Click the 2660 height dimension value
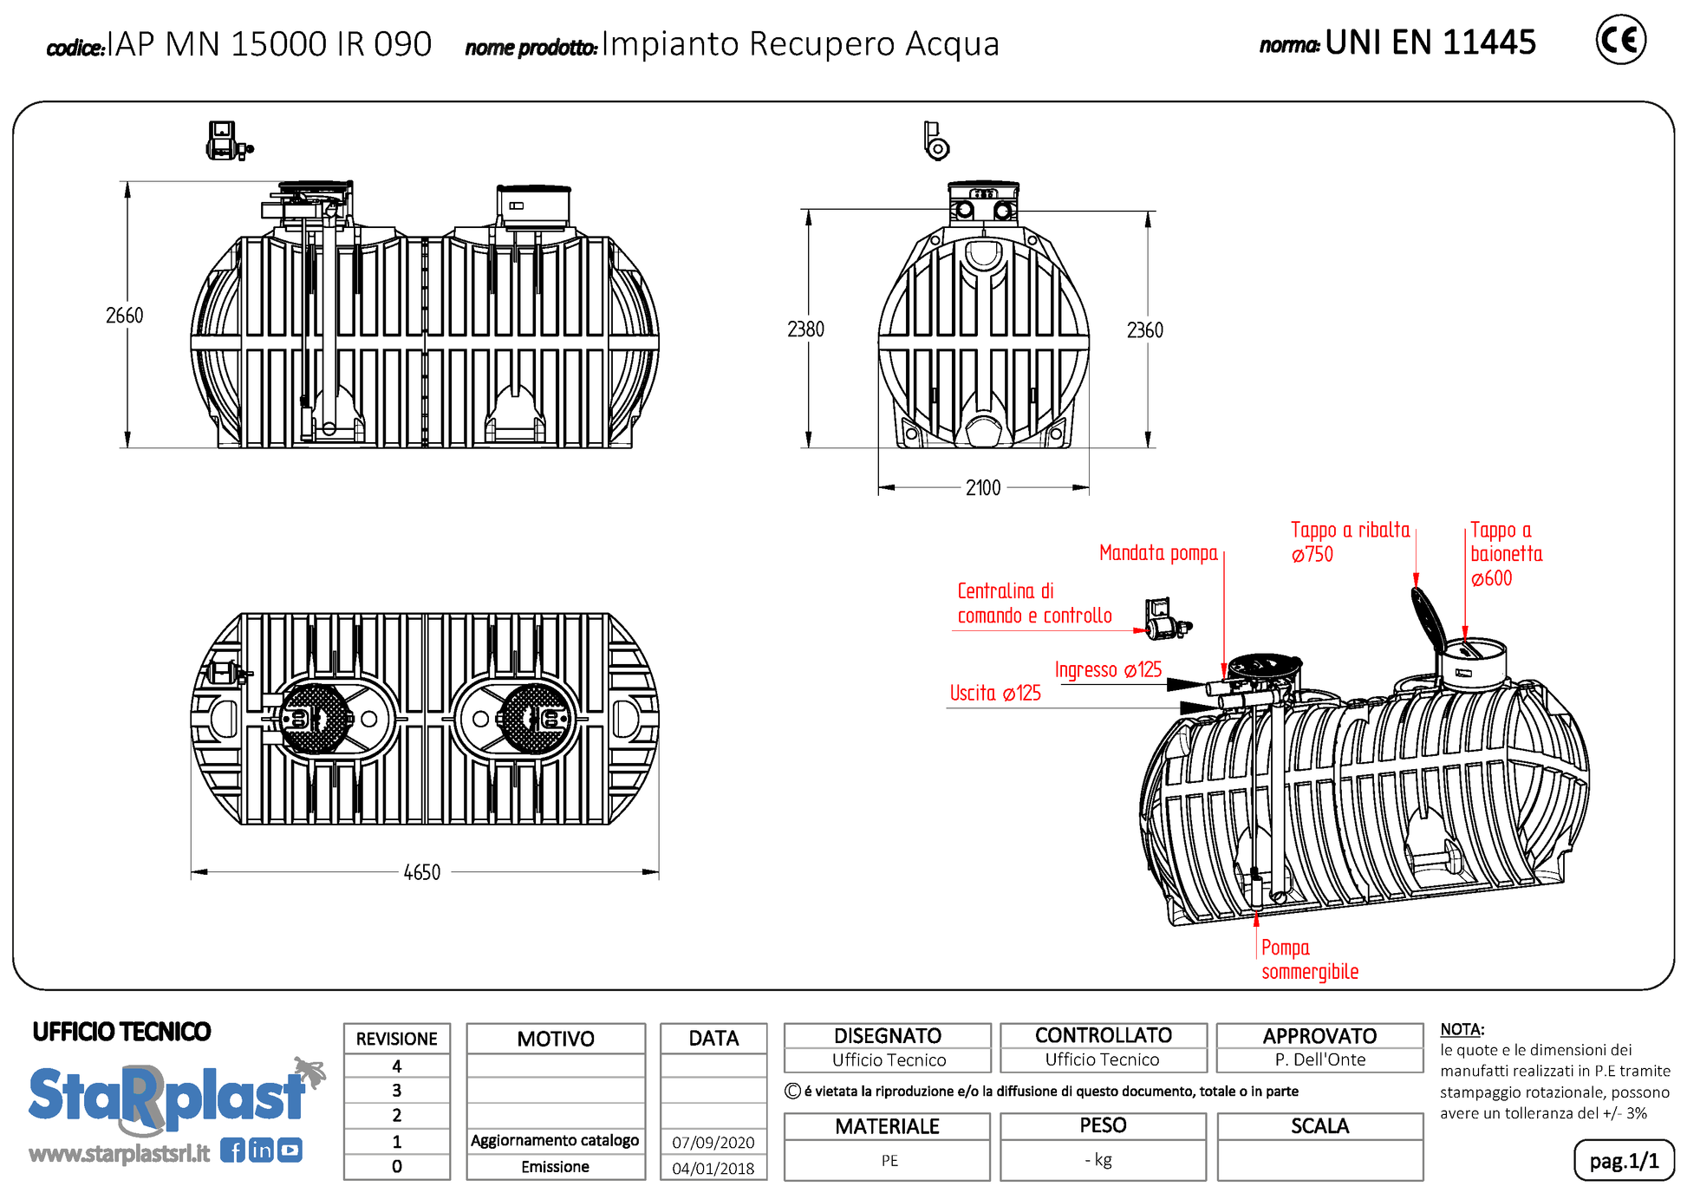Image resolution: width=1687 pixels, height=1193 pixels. [x=125, y=316]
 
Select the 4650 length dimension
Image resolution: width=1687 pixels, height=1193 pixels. [x=422, y=872]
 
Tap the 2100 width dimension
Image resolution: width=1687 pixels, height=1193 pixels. [x=983, y=488]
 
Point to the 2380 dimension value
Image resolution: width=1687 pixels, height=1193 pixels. [x=805, y=329]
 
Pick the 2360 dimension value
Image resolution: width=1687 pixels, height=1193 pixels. [x=1144, y=330]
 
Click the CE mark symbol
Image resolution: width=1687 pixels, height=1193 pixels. [x=1620, y=40]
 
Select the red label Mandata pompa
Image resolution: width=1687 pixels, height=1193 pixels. [x=1158, y=553]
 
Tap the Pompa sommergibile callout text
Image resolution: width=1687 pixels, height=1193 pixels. [x=1309, y=960]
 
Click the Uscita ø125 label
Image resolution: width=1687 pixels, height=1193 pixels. [x=995, y=694]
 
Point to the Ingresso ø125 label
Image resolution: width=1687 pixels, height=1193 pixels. [x=1108, y=670]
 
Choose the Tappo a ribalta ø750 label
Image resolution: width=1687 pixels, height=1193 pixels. [x=1349, y=542]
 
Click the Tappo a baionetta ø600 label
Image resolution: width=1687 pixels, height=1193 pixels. [x=1506, y=554]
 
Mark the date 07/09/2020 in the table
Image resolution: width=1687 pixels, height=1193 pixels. [x=713, y=1143]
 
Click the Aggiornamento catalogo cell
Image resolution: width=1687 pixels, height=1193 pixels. [x=555, y=1141]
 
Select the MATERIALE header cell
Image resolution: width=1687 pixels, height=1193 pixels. [x=887, y=1126]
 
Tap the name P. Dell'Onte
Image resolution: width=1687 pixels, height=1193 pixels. [x=1319, y=1059]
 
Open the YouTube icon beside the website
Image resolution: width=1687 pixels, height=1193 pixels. [x=290, y=1151]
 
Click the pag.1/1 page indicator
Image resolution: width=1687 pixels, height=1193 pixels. [x=1623, y=1161]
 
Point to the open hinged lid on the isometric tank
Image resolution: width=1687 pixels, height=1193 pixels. [x=1427, y=618]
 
